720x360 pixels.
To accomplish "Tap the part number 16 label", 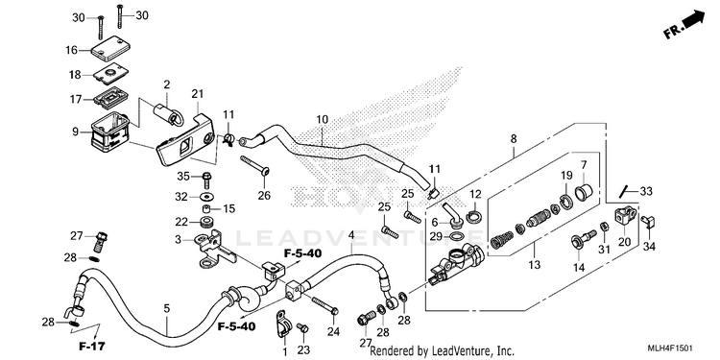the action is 72,50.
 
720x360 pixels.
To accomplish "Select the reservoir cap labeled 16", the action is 108,49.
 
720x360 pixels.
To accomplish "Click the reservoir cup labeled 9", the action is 109,132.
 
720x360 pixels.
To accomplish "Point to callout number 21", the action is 198,94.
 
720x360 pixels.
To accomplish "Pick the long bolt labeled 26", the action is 254,165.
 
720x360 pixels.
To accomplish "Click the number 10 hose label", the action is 323,120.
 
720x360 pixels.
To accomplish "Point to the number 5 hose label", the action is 167,308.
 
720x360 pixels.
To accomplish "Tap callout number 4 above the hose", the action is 351,235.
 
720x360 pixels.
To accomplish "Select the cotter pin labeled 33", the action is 623,191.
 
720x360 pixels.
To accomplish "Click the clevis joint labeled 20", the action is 625,215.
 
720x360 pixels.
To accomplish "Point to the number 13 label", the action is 534,265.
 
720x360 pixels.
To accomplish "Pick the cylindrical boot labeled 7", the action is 584,191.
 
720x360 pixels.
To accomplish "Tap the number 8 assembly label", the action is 514,138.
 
